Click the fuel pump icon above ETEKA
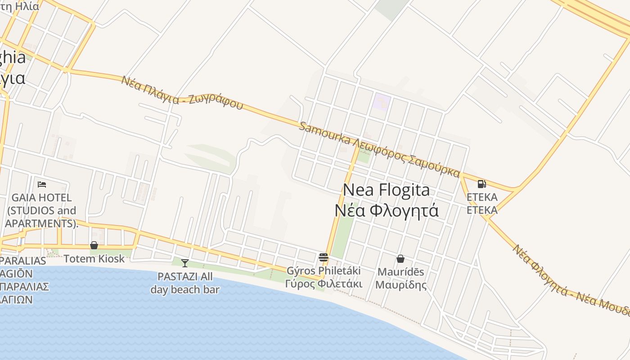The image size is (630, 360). click(x=481, y=184)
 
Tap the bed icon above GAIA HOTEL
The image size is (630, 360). click(x=42, y=184)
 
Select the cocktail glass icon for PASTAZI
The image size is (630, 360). click(x=184, y=263)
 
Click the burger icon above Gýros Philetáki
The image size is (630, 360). click(x=323, y=257)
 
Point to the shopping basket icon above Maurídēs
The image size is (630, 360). click(x=400, y=259)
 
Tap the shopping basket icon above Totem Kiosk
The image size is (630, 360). click(x=94, y=245)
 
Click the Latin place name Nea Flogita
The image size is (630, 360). click(x=386, y=190)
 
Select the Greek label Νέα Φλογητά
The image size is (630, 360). click(x=386, y=210)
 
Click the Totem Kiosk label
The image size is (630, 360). click(x=94, y=259)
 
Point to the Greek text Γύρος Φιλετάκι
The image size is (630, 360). click(x=324, y=284)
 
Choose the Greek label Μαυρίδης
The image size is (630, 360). click(x=400, y=285)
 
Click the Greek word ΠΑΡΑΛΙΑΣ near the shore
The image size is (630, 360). click(x=25, y=287)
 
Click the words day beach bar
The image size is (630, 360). click(x=184, y=289)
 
